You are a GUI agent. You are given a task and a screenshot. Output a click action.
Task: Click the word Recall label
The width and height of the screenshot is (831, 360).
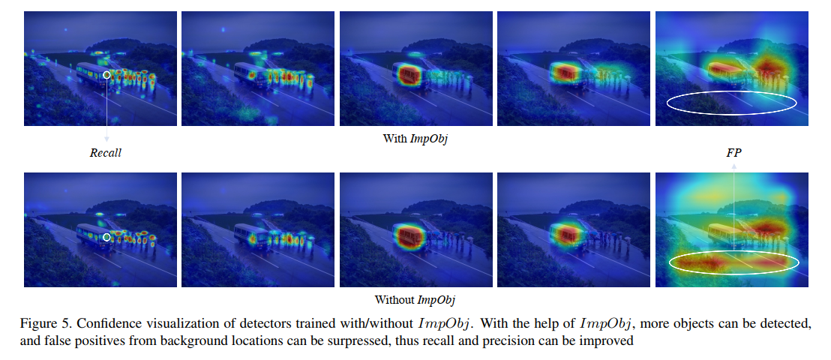coord(106,153)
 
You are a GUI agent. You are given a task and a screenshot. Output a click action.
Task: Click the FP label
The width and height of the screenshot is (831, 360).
coord(733,153)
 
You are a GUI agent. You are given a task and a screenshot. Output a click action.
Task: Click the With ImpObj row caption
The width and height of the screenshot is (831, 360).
coord(415,139)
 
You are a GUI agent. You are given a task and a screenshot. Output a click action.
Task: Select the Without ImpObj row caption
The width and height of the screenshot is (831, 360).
coord(416,300)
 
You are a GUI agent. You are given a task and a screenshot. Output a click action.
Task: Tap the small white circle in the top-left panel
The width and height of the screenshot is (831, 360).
coord(107,75)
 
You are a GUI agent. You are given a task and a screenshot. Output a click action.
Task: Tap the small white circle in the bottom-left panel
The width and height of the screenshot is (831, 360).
coord(107,237)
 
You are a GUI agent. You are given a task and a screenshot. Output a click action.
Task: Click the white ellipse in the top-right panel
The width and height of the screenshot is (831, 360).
coord(732,103)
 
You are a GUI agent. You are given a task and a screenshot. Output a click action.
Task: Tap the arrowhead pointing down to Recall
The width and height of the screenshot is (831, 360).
coord(107,139)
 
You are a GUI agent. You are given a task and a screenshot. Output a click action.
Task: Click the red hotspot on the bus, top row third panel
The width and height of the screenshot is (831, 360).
coord(409,73)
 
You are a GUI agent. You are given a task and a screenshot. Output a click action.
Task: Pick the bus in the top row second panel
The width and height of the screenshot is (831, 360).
coord(249,76)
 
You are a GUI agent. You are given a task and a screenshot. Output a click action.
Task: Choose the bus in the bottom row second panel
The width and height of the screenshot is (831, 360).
coord(249,237)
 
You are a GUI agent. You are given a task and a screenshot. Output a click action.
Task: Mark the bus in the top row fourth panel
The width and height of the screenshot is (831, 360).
coord(565,73)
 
